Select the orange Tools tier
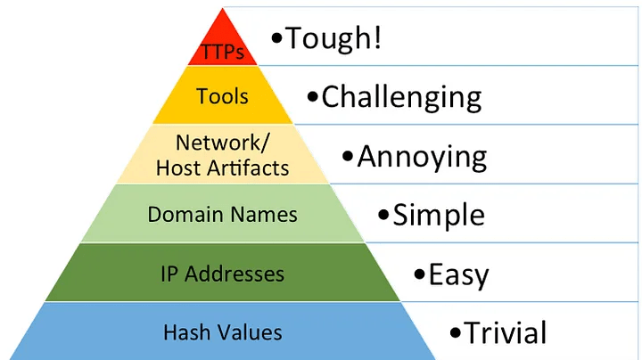coord(222,96)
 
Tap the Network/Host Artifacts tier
coord(222,154)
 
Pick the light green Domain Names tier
coord(222,214)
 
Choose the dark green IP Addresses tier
coord(222,273)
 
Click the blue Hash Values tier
coord(222,332)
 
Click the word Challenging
coord(401,96)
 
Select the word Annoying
coord(422,157)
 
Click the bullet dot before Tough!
coord(276,40)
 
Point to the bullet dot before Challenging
coord(312,97)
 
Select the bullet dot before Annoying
coord(348,157)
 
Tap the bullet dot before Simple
coord(383,215)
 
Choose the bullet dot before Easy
coord(419,274)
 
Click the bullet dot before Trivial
coord(455,333)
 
